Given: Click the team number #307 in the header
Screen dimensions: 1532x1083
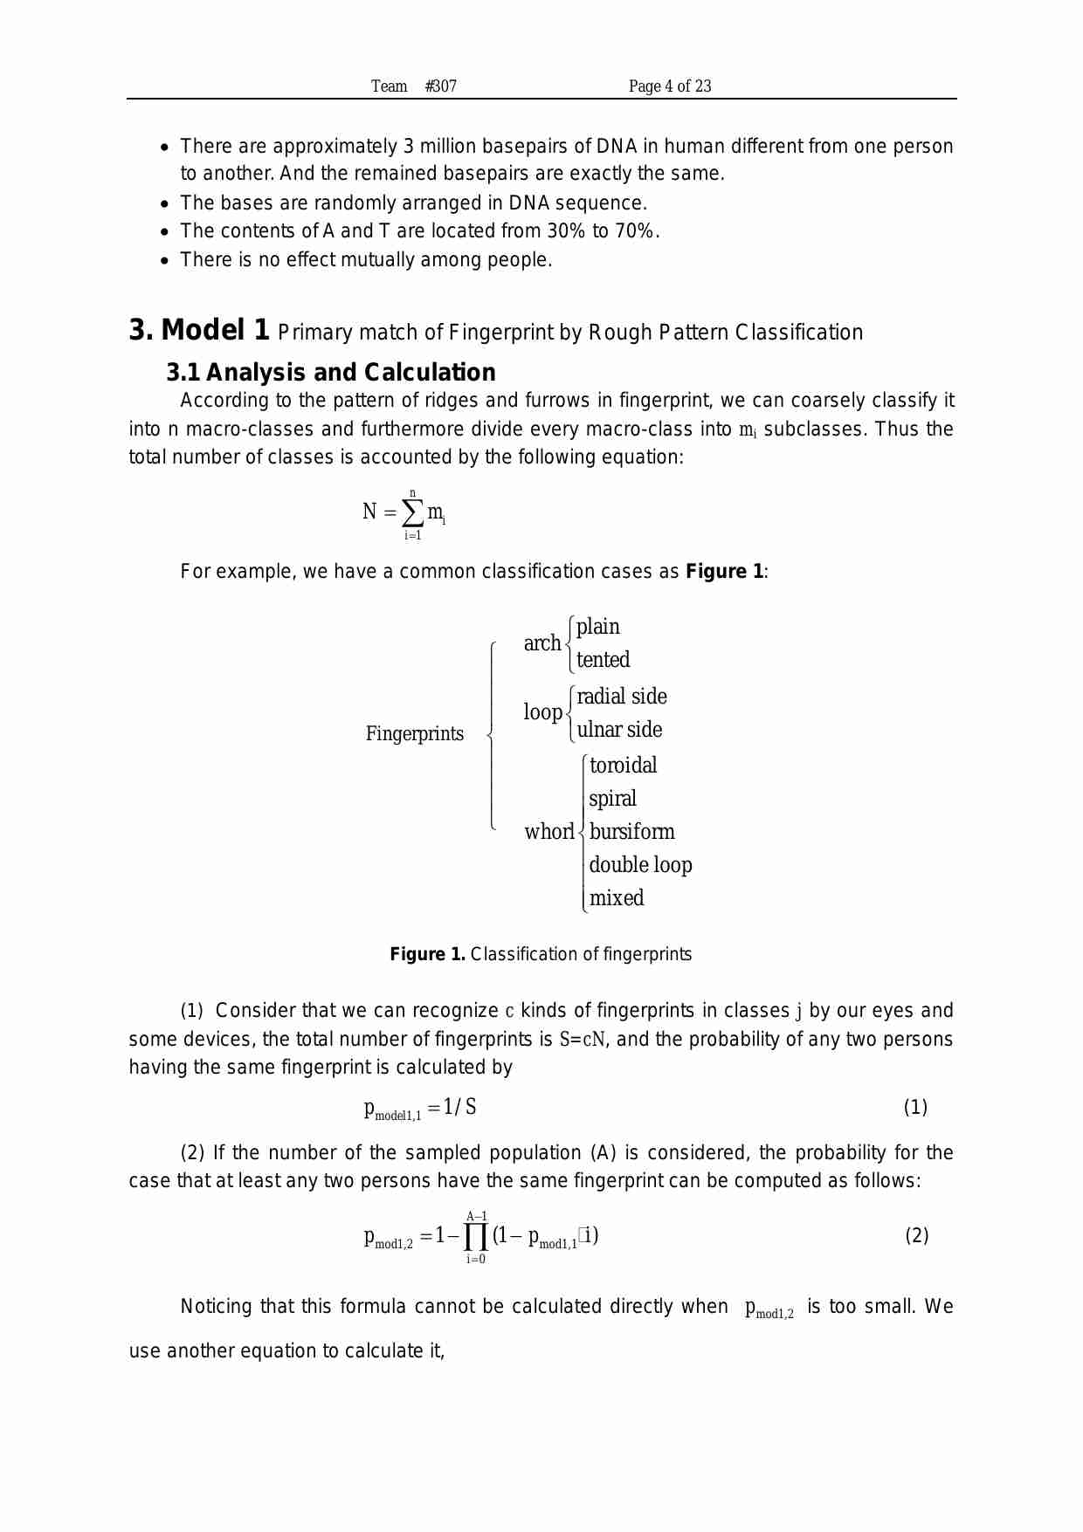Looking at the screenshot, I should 440,86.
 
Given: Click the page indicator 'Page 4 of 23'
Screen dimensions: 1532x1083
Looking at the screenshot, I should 670,86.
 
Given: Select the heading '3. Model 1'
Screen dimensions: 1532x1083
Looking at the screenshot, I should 199,330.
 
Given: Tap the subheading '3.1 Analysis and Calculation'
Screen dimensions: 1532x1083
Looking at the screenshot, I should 331,373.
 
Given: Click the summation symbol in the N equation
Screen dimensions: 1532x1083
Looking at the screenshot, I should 412,513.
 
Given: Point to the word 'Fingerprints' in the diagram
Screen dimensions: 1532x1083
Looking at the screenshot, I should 415,733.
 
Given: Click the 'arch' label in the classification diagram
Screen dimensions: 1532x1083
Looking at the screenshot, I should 541,643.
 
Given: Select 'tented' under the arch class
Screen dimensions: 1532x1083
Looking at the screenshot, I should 603,660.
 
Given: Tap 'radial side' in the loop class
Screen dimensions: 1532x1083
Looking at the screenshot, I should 622,697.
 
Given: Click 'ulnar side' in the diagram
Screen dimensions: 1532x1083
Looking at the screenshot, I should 619,730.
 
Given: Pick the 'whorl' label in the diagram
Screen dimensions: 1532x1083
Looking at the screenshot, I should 548,832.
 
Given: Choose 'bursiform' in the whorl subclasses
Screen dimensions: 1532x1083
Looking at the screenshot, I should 631,832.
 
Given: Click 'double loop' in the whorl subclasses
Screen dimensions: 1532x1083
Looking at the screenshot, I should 640,865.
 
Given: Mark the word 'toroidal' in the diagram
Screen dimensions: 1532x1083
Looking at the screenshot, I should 623,766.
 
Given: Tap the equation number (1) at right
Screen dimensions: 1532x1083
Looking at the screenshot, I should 914,1108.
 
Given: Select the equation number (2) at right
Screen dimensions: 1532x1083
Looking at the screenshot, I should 916,1236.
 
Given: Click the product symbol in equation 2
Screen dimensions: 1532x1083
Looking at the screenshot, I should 475,1237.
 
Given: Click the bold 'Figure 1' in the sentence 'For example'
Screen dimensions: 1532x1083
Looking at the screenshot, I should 724,572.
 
